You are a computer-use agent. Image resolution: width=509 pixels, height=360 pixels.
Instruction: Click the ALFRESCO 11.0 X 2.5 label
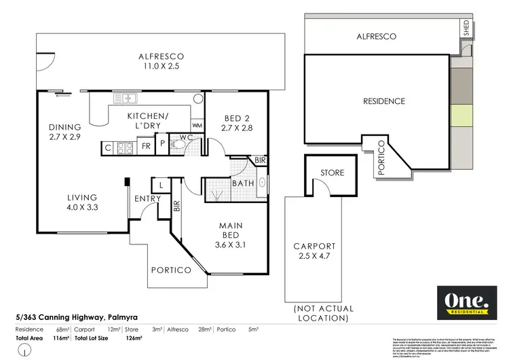pyautogui.click(x=161, y=62)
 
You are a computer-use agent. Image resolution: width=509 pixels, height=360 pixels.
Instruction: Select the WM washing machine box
pyautogui.click(x=197, y=126)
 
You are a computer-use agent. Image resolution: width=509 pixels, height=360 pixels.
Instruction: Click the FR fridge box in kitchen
pyautogui.click(x=146, y=146)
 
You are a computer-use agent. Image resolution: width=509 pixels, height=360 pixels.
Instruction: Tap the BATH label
pyautogui.click(x=242, y=183)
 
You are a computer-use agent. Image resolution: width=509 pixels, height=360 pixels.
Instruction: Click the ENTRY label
pyautogui.click(x=147, y=198)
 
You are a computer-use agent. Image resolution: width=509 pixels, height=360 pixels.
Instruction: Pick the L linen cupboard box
pyautogui.click(x=160, y=184)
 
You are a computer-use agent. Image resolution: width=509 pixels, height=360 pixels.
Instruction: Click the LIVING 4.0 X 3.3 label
pyautogui.click(x=80, y=203)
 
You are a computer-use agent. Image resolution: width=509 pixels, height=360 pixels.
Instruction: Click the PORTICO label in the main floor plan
pyautogui.click(x=171, y=270)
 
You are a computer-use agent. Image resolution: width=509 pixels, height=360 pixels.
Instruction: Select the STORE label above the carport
pyautogui.click(x=331, y=173)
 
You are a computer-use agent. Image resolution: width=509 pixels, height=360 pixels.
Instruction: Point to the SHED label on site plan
pyautogui.click(x=466, y=28)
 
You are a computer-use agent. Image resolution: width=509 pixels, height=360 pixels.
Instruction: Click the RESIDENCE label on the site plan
pyautogui.click(x=384, y=101)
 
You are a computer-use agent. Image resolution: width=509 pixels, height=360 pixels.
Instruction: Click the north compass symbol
pyautogui.click(x=25, y=350)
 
